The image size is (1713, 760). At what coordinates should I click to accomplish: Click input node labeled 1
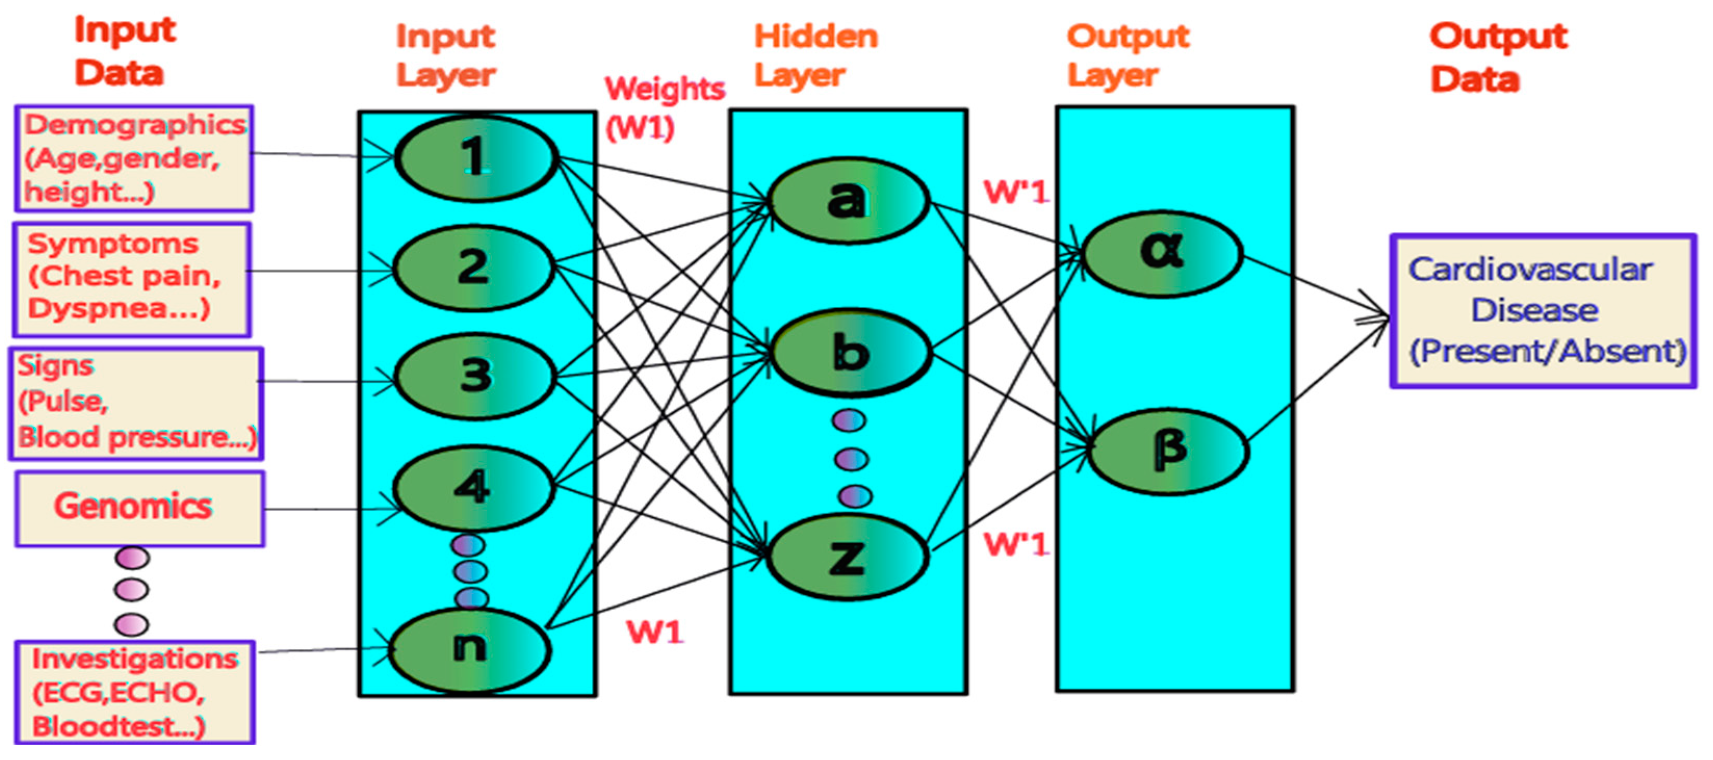pos(475,158)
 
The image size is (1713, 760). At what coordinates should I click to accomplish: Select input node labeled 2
pos(473,267)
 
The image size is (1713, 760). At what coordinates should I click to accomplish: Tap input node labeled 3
pos(475,376)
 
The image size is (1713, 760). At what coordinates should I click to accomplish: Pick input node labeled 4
pos(473,488)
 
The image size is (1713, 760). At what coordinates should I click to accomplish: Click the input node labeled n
pos(470,648)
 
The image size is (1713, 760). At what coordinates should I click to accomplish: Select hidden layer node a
pos(847,200)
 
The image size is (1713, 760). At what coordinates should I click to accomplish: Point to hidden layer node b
pos(850,352)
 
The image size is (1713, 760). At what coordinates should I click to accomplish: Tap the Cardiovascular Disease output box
pos(1543,310)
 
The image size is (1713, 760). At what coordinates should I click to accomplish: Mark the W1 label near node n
pos(655,632)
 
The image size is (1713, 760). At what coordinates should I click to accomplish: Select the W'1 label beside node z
pos(1016,544)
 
